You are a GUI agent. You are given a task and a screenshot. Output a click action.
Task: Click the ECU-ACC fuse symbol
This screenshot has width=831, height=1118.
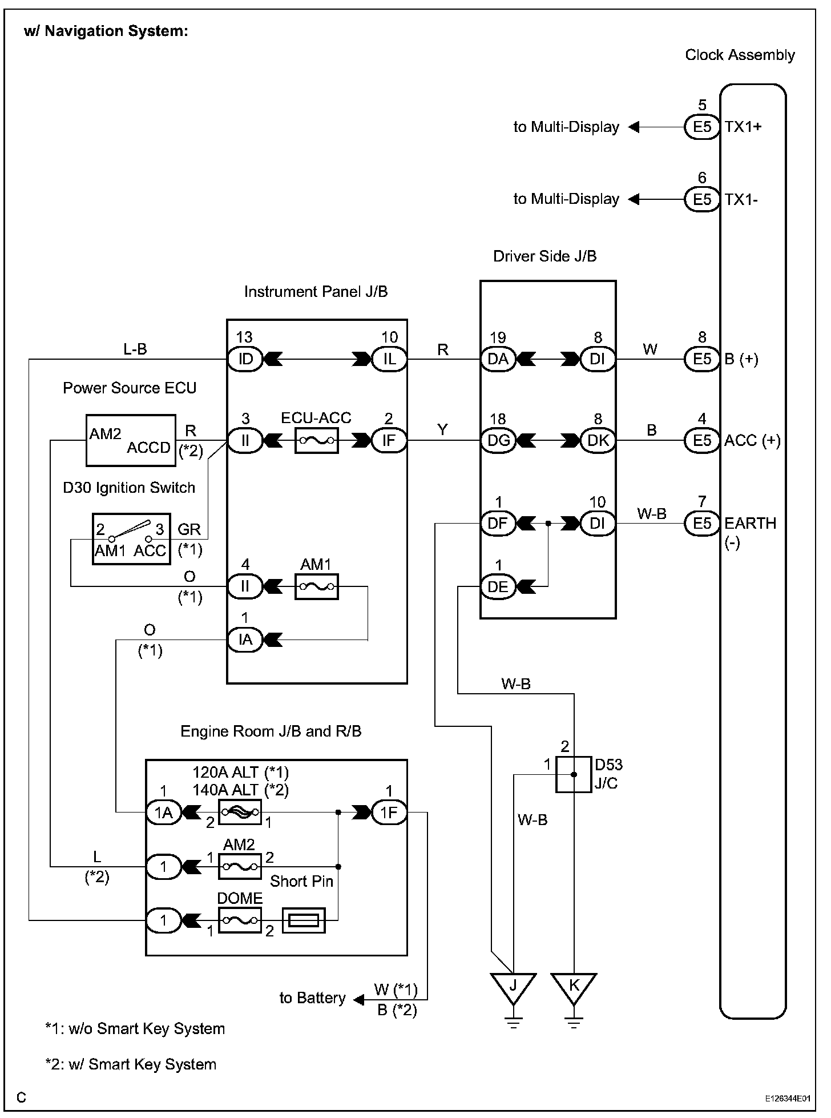click(x=317, y=440)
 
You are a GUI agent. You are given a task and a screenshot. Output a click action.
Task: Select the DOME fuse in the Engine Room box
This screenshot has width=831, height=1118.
click(x=240, y=920)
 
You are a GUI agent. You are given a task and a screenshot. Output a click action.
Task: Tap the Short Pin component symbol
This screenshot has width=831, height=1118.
click(x=304, y=920)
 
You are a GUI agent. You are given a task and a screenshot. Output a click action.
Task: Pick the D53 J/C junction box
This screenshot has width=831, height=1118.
click(x=574, y=774)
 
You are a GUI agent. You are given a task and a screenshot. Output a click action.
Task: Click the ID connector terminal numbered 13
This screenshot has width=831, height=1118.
click(x=245, y=359)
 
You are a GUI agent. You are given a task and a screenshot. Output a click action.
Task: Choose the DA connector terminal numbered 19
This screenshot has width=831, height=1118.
click(x=498, y=359)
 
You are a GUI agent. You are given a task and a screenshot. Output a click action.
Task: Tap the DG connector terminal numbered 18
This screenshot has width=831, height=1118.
click(x=498, y=440)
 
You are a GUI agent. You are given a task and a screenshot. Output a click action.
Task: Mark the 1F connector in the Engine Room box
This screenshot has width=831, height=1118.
click(x=389, y=812)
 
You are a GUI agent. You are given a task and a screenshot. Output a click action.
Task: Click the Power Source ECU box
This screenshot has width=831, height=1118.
click(x=131, y=440)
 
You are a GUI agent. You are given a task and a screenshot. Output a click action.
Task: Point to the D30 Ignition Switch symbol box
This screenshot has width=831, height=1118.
click(x=131, y=538)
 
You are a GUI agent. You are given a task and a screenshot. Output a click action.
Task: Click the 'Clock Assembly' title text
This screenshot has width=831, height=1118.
click(x=740, y=55)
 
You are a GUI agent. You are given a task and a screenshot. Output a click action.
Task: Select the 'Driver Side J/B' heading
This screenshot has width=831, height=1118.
click(x=544, y=256)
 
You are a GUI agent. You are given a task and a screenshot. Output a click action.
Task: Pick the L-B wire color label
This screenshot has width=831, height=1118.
click(x=135, y=349)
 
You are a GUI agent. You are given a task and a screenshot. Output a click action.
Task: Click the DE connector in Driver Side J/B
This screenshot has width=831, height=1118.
click(x=498, y=586)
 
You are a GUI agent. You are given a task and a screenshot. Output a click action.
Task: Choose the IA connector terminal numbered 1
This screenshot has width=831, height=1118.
click(x=245, y=640)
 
